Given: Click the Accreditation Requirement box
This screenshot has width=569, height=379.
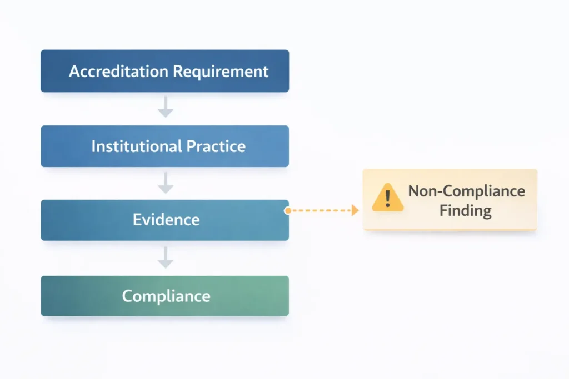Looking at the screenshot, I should click(164, 71).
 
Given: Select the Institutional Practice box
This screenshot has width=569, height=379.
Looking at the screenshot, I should click(164, 146).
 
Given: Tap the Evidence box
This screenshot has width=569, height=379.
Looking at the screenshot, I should click(164, 220).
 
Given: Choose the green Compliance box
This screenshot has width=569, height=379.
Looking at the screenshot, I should click(164, 296).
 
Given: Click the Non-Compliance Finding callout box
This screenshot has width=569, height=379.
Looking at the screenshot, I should click(450, 200).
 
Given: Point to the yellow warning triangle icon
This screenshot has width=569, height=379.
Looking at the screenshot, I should click(388, 198).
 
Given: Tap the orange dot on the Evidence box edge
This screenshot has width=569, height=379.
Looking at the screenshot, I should click(287, 211).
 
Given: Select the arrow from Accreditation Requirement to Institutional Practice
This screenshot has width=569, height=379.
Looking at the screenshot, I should click(165, 108).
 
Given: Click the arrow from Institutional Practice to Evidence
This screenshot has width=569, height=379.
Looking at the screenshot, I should click(165, 183).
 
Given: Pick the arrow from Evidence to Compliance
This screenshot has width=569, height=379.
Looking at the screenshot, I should click(165, 257).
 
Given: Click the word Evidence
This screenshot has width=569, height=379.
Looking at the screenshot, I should click(166, 220).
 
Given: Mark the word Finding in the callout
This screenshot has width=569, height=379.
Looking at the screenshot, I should click(466, 211).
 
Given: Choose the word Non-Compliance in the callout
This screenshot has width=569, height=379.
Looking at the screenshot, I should click(466, 191).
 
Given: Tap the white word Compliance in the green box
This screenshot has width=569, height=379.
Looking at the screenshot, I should click(166, 296).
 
